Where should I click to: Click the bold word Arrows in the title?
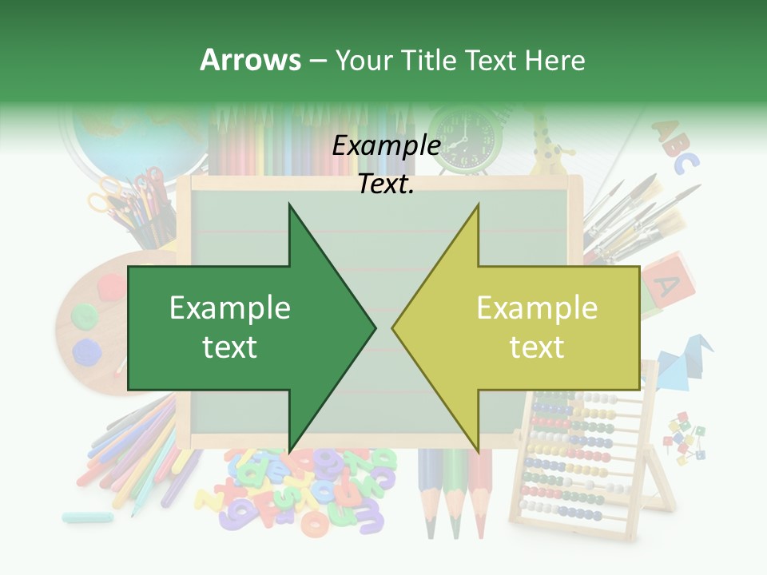[250, 60]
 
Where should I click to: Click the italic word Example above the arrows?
[387, 146]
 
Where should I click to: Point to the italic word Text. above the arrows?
[387, 184]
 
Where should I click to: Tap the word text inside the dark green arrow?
[230, 347]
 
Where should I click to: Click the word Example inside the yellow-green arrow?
[537, 308]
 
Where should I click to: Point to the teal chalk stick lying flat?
[87, 517]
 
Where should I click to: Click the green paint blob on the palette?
[83, 315]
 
